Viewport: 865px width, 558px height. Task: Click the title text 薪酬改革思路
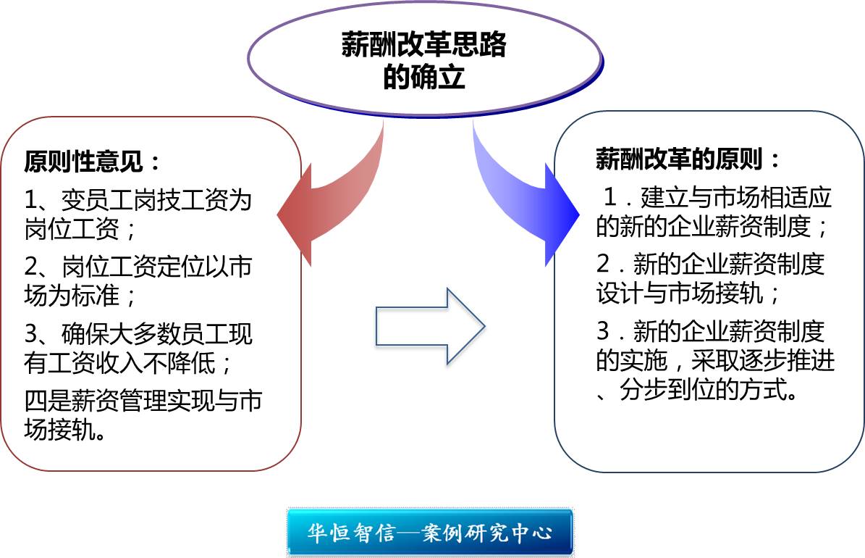click(x=423, y=45)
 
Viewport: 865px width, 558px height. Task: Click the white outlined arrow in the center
click(x=430, y=327)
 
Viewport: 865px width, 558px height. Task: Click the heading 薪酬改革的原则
click(x=680, y=159)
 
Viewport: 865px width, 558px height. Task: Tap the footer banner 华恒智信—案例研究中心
click(x=430, y=532)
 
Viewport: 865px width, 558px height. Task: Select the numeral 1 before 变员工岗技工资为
click(x=31, y=200)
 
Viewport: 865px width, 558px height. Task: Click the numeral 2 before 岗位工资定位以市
click(x=31, y=267)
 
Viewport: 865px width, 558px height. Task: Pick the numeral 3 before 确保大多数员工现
click(x=31, y=334)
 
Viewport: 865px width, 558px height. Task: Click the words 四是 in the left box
click(x=48, y=401)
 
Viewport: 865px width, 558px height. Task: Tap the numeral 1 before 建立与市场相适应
click(x=610, y=197)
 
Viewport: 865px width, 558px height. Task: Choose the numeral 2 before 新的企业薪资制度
click(x=604, y=264)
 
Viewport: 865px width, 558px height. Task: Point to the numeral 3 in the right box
click(x=604, y=331)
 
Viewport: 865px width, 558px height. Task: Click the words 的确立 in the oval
click(x=424, y=76)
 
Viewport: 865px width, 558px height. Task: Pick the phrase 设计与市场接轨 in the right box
click(x=680, y=293)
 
